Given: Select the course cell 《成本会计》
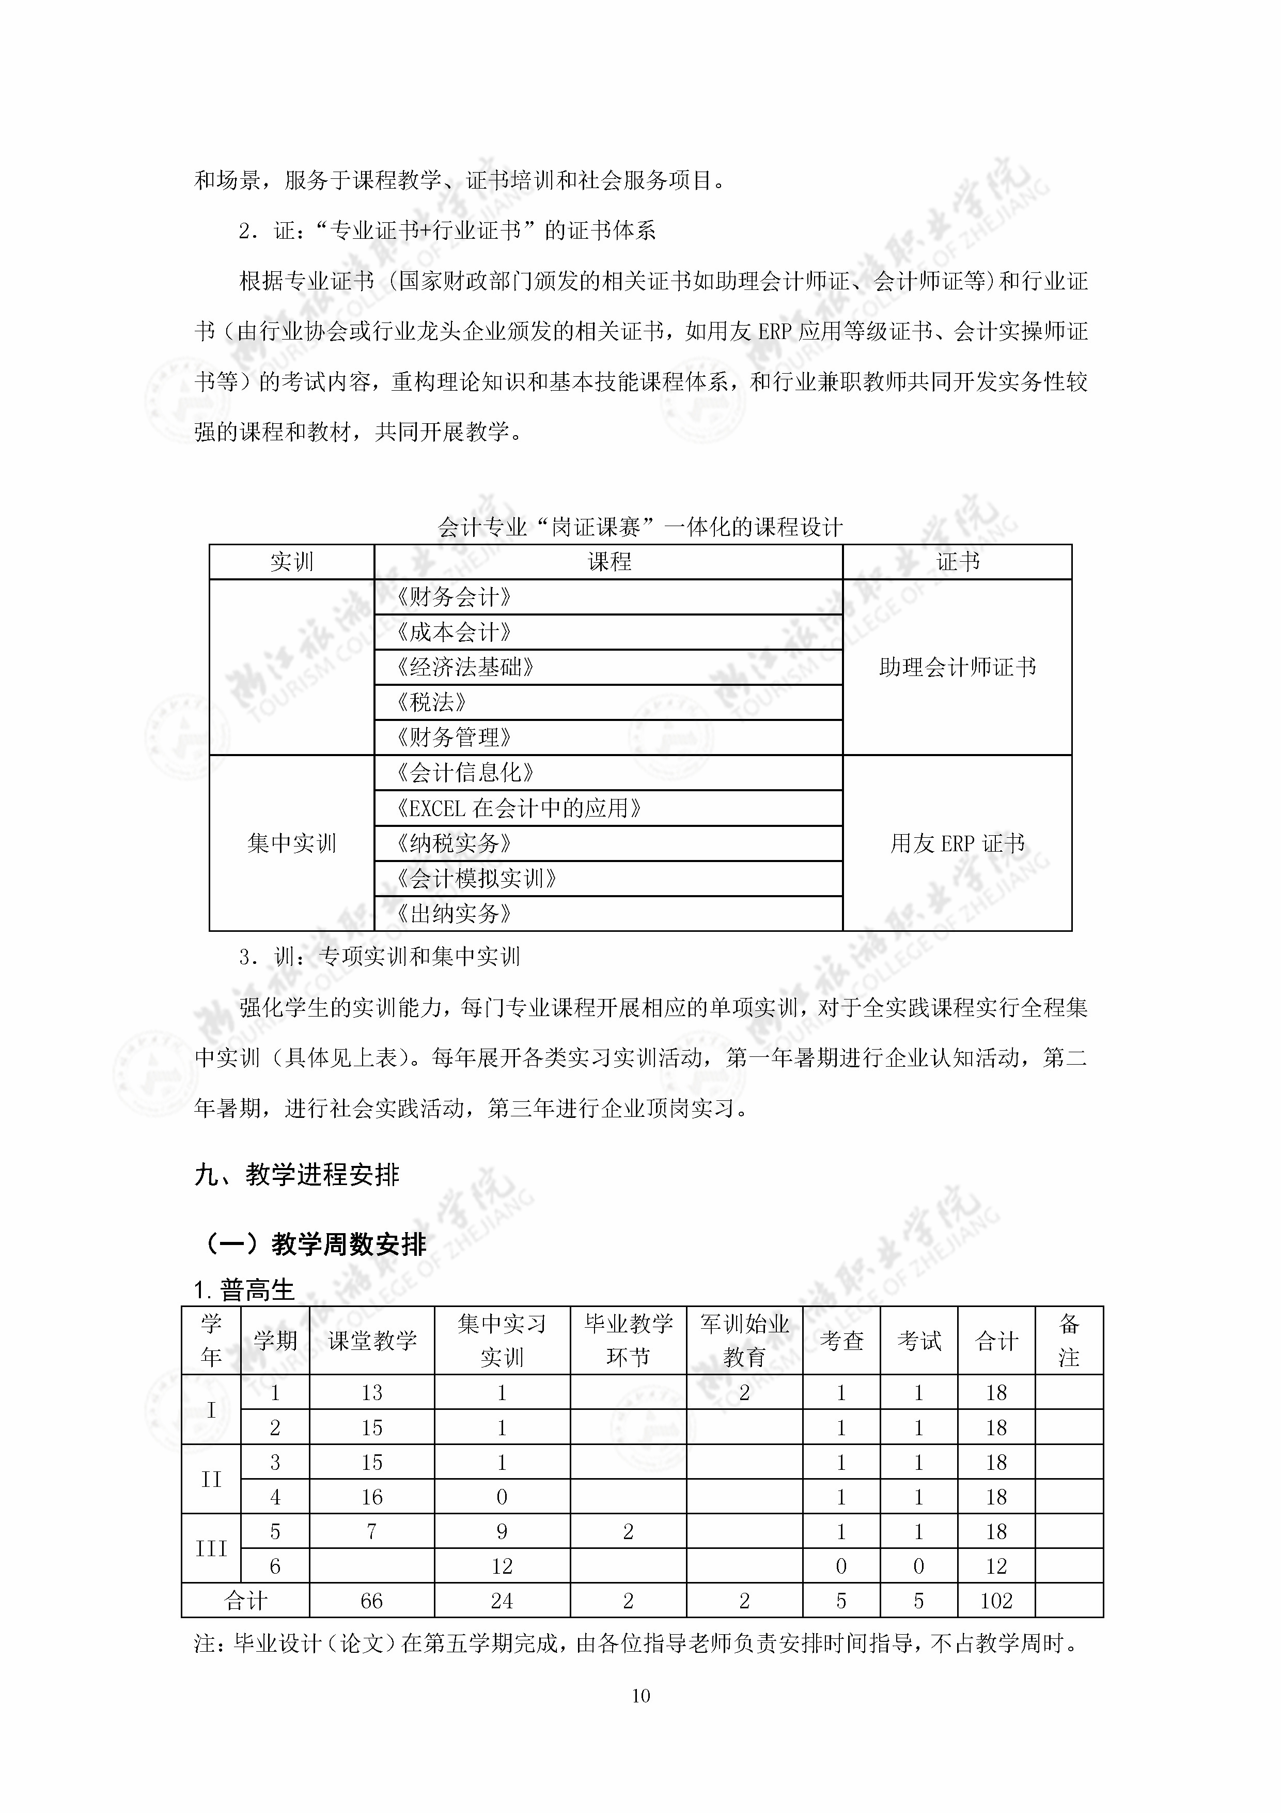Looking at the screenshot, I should (455, 632).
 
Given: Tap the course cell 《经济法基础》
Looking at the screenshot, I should (466, 667).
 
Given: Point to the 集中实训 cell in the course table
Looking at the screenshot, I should (291, 843).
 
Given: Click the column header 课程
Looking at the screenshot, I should (608, 561).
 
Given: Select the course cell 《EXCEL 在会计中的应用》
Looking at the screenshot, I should (519, 808).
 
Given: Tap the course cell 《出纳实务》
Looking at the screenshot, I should (455, 914).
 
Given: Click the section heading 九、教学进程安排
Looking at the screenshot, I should (297, 1174).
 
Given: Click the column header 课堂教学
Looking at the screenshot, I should (372, 1340).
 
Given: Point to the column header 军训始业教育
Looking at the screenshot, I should (744, 1340).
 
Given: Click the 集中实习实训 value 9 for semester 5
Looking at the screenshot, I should (502, 1531).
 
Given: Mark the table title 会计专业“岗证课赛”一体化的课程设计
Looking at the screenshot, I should (640, 527).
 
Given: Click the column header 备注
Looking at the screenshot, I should (1069, 1340).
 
